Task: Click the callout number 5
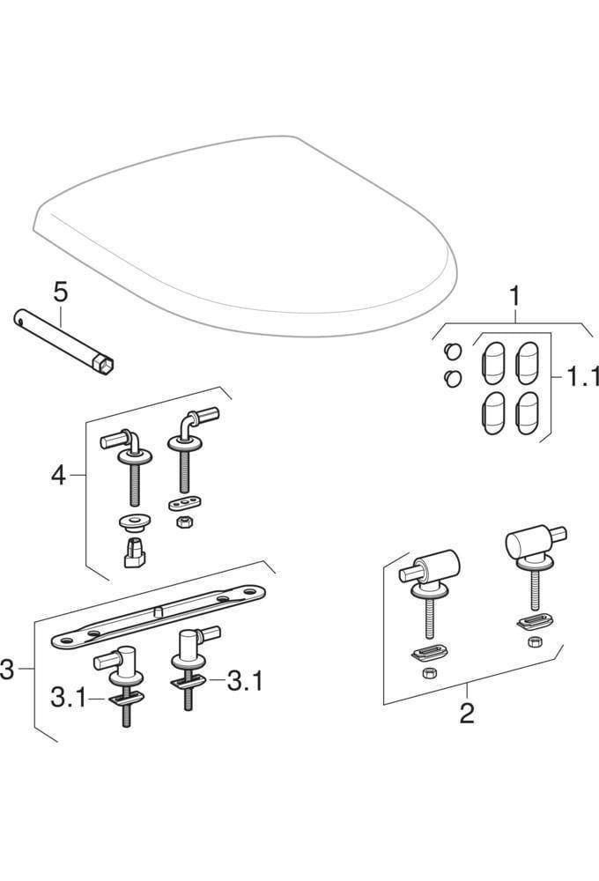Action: pos(58,290)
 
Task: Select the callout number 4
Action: pos(58,476)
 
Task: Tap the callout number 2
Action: pos(467,713)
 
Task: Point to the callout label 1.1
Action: pos(581,378)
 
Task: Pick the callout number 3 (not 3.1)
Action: pos(7,670)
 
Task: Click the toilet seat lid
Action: pos(247,229)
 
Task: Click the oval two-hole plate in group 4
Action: pos(184,503)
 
